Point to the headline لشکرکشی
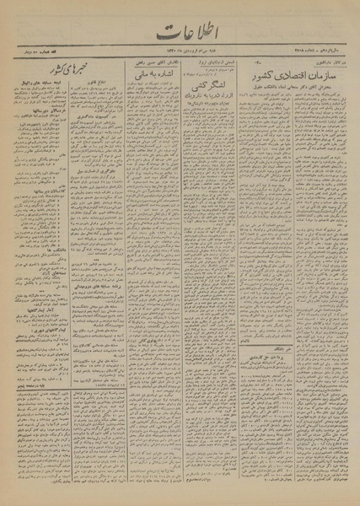click(x=207, y=110)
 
